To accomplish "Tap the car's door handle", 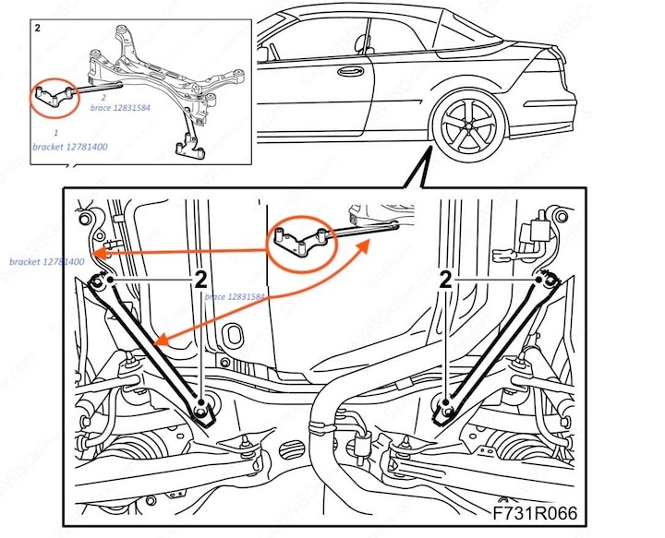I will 349,70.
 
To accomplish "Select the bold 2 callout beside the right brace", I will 446,281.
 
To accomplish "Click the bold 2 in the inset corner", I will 37,29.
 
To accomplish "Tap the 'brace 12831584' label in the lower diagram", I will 235,297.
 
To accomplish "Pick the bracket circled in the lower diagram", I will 296,241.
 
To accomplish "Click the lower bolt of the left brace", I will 202,407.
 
